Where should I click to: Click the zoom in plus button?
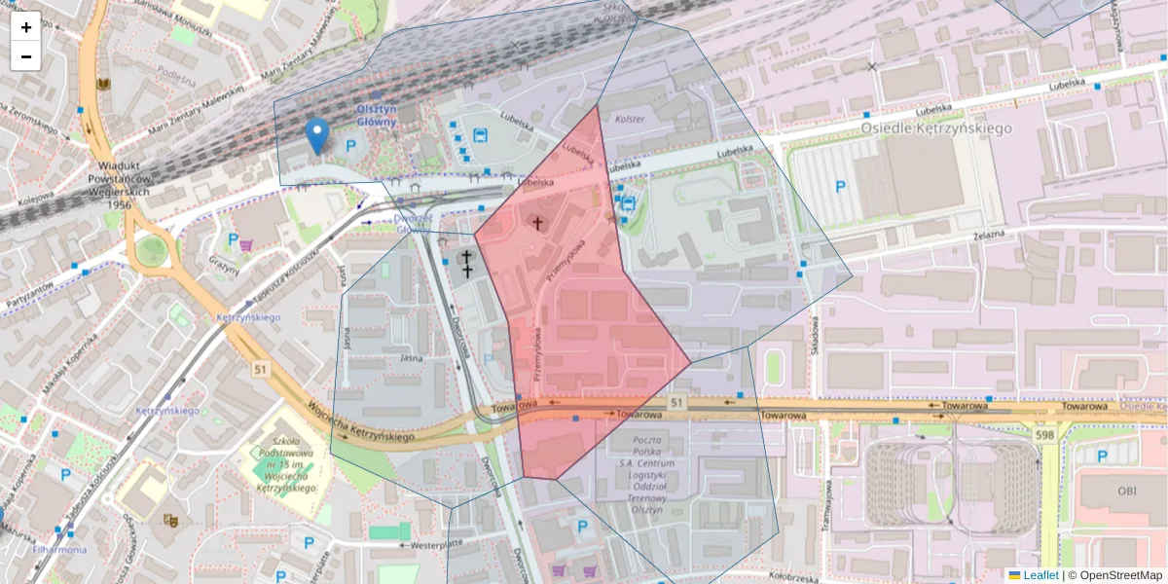point(26,27)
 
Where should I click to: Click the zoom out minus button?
point(26,56)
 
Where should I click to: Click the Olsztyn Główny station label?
point(377,115)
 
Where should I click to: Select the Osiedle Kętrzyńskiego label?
point(937,128)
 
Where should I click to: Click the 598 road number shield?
point(1045,435)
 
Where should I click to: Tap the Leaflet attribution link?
point(1040,575)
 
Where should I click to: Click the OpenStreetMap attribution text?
point(1119,575)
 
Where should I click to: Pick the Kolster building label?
point(630,119)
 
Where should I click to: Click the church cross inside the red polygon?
point(536,224)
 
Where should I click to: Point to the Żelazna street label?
point(986,237)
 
